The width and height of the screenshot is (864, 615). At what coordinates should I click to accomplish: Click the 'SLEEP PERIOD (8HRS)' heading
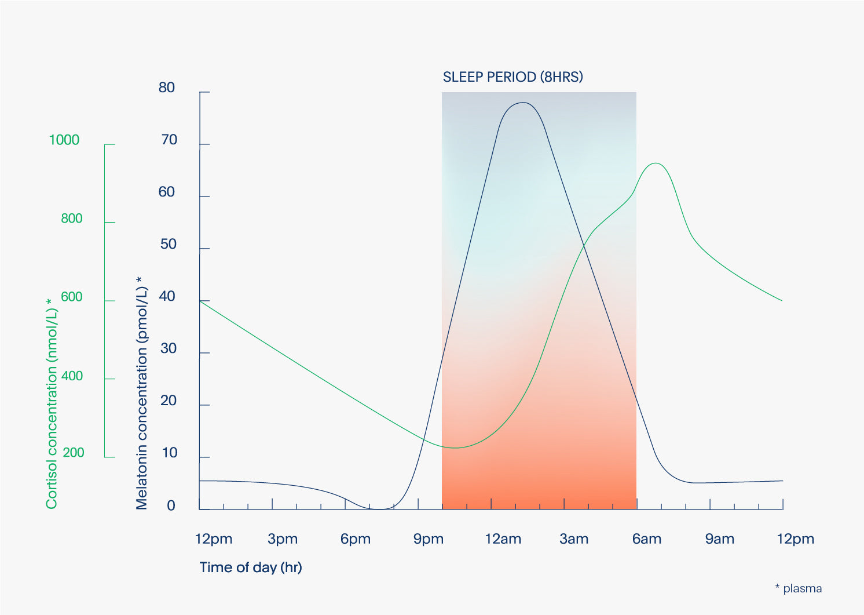click(512, 77)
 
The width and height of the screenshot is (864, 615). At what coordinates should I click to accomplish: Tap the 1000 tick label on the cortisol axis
click(64, 140)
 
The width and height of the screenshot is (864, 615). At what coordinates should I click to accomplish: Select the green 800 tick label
click(72, 219)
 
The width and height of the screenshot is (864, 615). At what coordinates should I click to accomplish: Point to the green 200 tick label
click(74, 453)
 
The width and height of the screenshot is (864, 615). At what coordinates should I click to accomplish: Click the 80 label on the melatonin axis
click(167, 88)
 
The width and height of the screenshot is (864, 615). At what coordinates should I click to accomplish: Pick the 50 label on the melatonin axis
click(168, 244)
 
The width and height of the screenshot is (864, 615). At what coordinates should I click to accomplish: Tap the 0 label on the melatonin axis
click(171, 505)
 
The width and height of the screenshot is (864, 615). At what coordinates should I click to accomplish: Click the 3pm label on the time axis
click(283, 539)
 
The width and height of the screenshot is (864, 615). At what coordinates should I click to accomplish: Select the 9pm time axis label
click(428, 539)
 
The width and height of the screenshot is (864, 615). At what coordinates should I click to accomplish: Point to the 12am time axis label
click(503, 539)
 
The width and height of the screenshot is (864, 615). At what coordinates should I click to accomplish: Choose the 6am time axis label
click(647, 539)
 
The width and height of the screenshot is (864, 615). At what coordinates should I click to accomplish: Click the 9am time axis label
click(720, 539)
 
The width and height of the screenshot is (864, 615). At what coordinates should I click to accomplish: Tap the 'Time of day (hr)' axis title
click(251, 567)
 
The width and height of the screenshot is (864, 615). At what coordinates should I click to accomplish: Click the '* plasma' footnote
click(799, 589)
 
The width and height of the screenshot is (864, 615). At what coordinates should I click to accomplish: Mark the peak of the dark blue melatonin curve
click(523, 103)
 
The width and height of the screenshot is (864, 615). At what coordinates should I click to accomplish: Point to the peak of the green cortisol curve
click(656, 163)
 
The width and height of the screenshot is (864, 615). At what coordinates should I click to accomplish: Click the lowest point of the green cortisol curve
click(455, 448)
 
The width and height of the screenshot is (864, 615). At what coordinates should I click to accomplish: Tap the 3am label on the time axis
click(574, 539)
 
